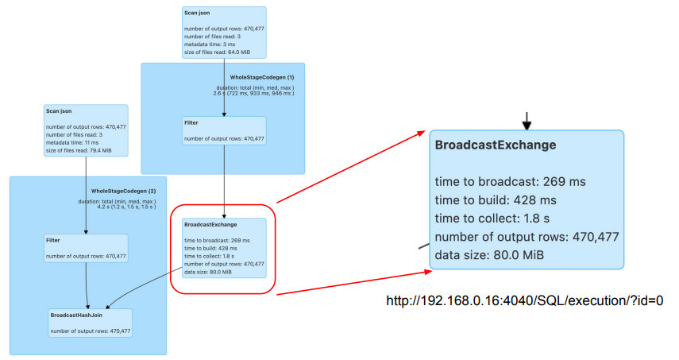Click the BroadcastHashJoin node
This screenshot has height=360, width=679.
tap(90, 323)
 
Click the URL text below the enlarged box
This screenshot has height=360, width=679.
tap(524, 301)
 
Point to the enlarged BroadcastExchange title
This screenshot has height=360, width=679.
tap(495, 145)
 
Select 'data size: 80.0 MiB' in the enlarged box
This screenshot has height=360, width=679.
tap(488, 255)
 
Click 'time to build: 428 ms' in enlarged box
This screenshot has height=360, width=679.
tap(496, 199)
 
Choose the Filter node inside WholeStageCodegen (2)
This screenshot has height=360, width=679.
tap(86, 247)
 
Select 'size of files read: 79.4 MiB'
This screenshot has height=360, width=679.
tap(78, 150)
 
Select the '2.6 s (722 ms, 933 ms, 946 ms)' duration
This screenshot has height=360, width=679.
tap(254, 93)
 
